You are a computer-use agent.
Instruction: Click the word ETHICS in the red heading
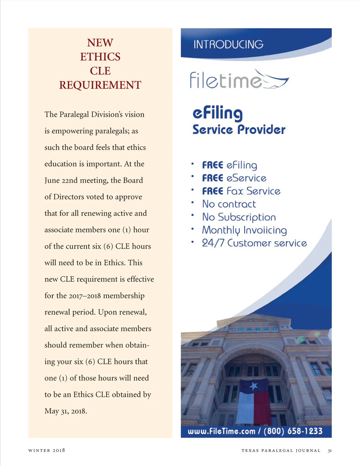(100, 57)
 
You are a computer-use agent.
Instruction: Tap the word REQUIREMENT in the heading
(100, 85)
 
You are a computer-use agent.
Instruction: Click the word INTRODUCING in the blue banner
(228, 44)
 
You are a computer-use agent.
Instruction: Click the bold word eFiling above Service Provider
(217, 113)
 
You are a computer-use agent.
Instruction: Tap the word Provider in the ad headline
(261, 130)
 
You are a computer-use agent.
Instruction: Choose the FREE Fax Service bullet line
(241, 191)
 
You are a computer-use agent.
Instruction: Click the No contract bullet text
(229, 204)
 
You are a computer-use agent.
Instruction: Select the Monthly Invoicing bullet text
(244, 230)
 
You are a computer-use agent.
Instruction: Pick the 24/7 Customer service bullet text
(254, 243)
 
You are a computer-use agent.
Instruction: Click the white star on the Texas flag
(253, 386)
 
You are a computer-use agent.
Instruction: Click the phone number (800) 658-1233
(293, 431)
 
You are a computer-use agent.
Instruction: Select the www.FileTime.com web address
(221, 431)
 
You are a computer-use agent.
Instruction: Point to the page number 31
(330, 450)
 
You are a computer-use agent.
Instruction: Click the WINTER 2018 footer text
(46, 450)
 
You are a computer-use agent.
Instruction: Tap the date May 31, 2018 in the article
(66, 411)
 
